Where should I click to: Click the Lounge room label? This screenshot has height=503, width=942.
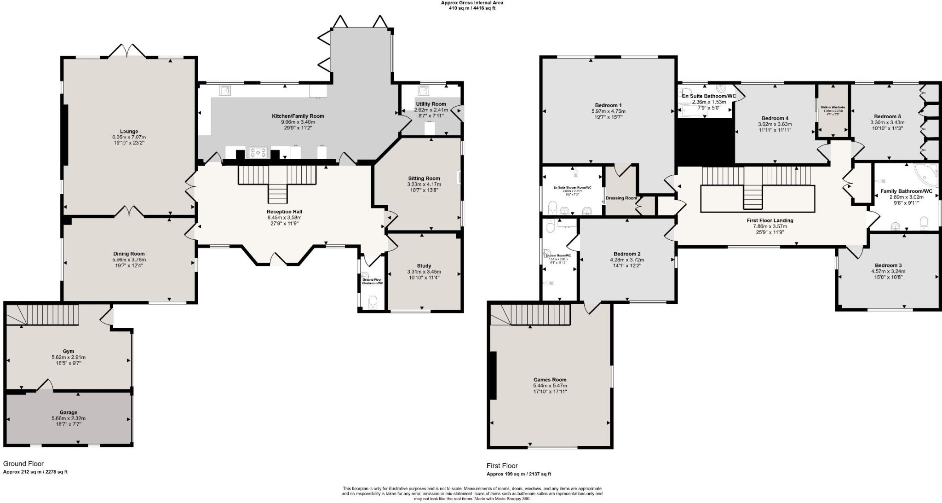(129, 132)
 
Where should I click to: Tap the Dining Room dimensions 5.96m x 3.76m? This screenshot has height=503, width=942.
(129, 260)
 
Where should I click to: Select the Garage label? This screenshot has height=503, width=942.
(69, 412)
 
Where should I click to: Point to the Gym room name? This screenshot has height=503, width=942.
(69, 351)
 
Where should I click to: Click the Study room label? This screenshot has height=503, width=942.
(424, 266)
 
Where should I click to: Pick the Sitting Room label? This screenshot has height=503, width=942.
(424, 178)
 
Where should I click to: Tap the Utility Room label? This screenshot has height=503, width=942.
(431, 104)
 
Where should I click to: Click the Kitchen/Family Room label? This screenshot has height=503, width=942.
(298, 116)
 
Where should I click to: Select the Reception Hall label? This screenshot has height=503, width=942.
(284, 212)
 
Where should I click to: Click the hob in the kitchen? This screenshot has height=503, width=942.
(258, 152)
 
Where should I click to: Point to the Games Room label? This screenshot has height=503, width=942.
(550, 380)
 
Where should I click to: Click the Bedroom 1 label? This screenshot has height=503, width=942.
(608, 105)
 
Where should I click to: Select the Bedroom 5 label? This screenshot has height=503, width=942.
(887, 116)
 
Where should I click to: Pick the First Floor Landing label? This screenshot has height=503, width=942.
(770, 220)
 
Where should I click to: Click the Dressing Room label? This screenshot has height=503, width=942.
(621, 198)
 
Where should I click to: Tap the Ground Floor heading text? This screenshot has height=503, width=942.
(23, 463)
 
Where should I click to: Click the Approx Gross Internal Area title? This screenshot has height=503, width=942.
(472, 3)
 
